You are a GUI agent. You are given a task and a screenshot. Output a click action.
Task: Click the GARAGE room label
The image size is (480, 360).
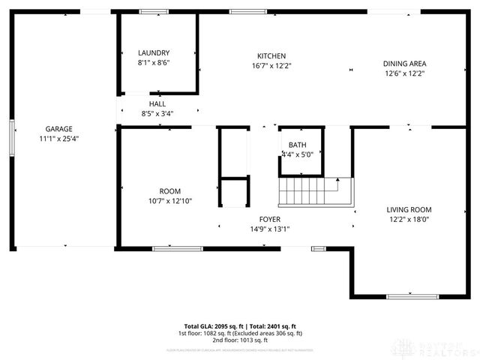pos(58,128)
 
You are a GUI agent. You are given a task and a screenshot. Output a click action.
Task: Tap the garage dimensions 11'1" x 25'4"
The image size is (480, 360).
pos(58,139)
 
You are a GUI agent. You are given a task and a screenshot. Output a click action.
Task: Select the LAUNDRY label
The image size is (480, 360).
pos(154,52)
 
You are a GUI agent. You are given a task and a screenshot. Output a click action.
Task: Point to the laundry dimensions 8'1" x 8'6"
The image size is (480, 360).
pos(154,63)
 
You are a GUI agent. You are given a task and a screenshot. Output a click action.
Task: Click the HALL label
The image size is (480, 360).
pos(157,103)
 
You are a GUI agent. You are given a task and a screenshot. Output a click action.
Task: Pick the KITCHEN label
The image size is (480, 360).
pos(271,55)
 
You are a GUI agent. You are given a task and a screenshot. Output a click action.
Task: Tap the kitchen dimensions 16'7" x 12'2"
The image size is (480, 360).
pos(271,66)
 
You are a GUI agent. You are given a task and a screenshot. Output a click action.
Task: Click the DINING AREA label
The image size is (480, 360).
pos(405,63)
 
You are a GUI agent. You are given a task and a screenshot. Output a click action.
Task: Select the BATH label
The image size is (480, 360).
pos(298,145)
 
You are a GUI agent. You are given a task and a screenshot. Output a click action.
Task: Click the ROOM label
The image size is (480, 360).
pos(169,190)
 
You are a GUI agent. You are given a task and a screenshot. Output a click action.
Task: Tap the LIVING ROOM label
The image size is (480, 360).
pos(409,209)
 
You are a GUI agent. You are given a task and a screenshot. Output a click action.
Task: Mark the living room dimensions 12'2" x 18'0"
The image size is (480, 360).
pos(409,220)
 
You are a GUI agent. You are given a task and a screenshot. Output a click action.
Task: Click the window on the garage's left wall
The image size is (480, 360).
pos(12,139)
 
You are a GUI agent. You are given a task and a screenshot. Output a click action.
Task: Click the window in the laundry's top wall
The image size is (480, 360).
pos(154,11)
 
